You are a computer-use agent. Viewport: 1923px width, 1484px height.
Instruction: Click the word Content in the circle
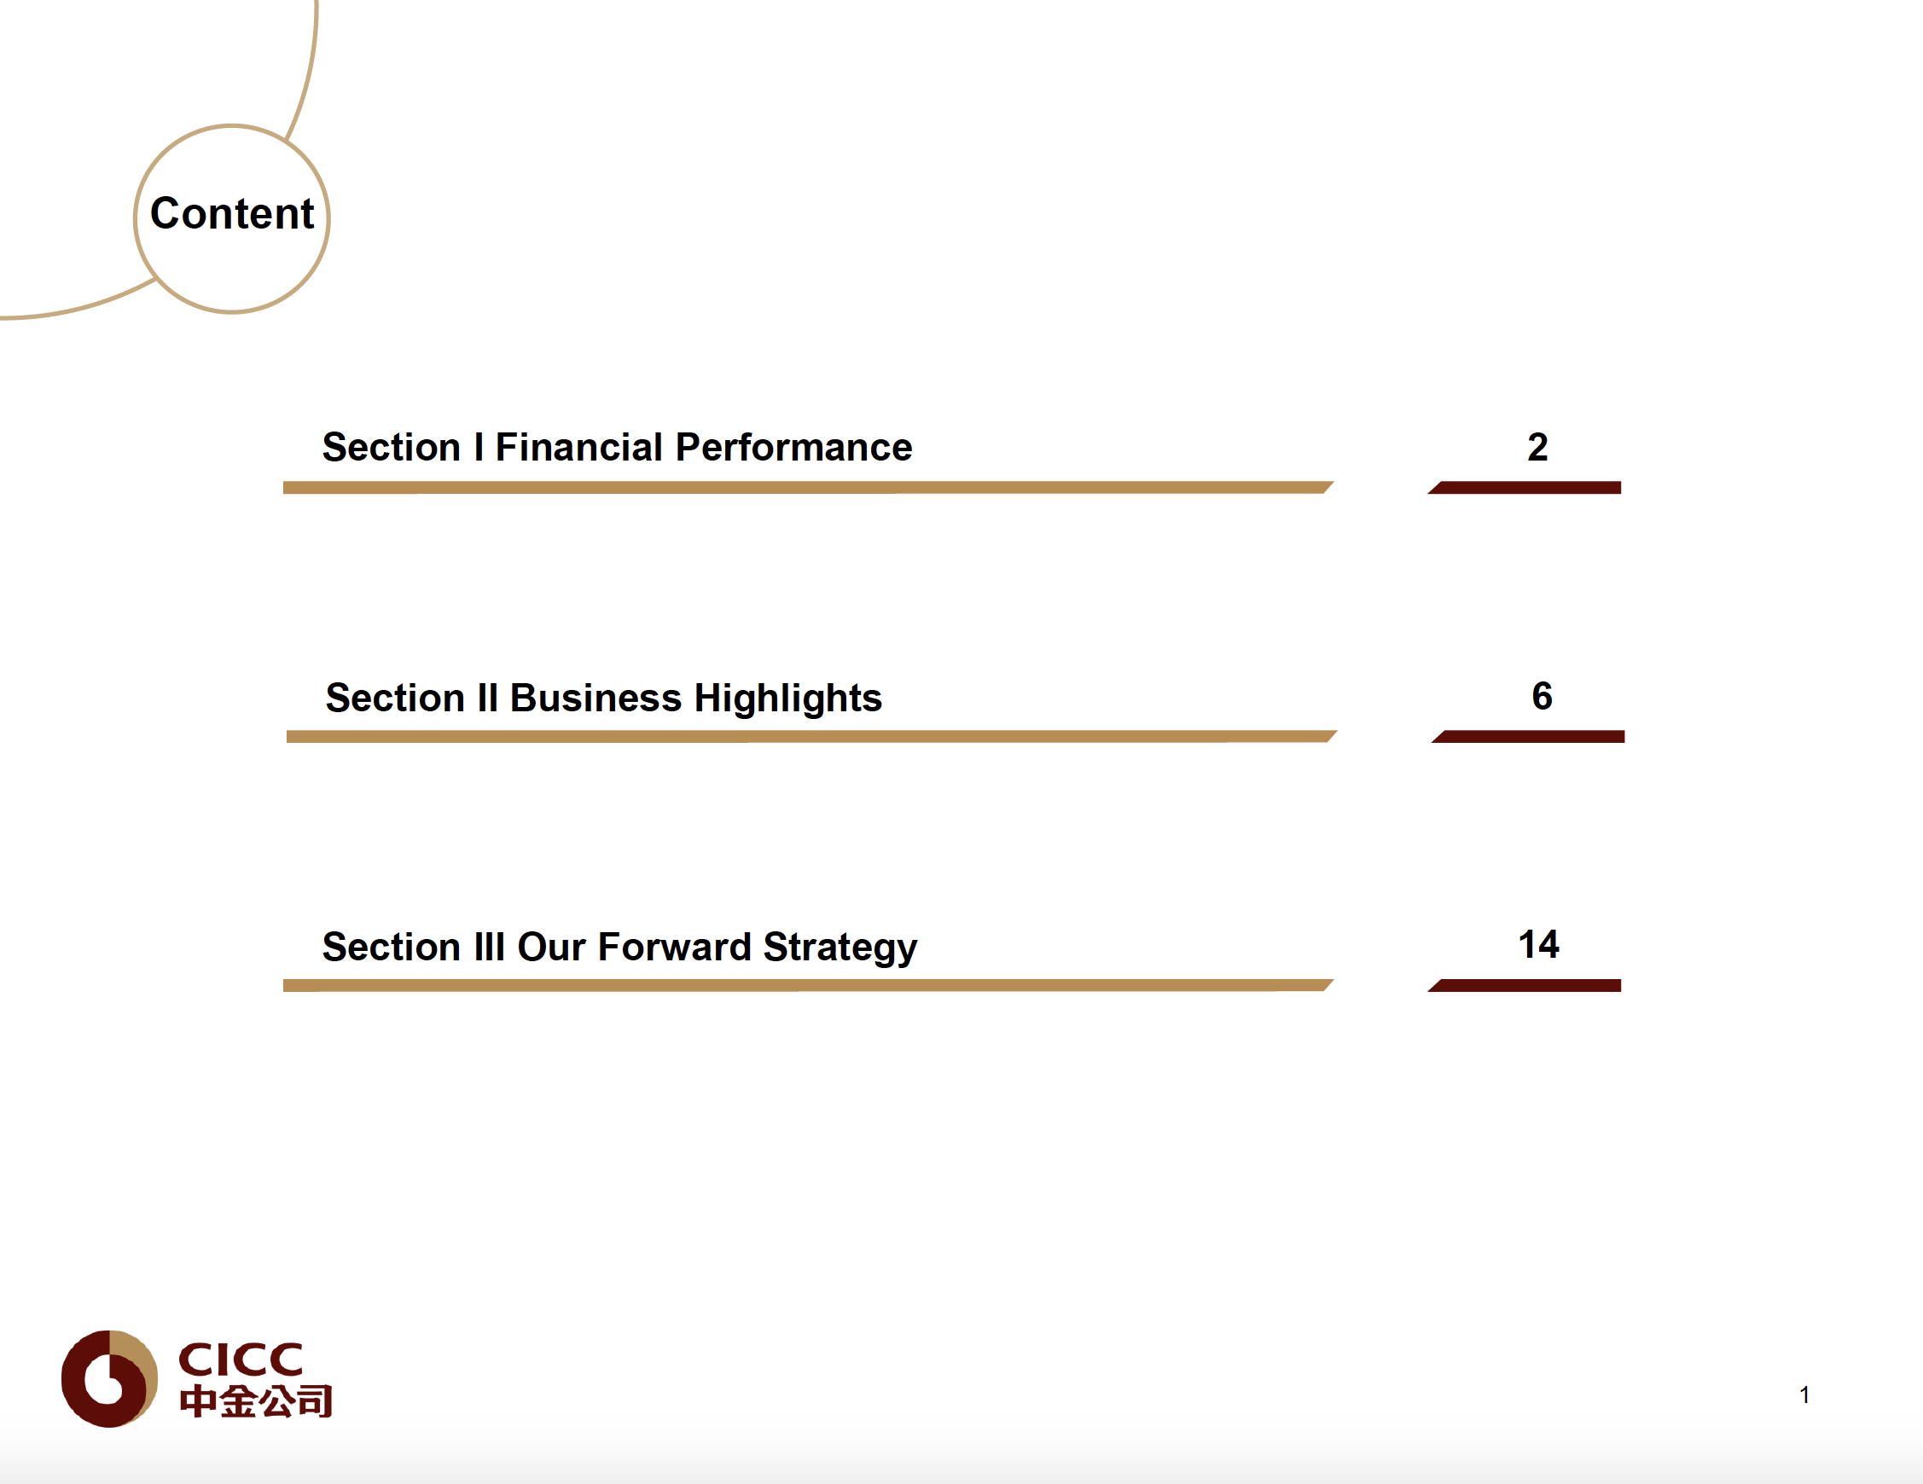[x=231, y=213]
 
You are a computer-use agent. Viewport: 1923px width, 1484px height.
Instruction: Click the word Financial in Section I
[x=578, y=447]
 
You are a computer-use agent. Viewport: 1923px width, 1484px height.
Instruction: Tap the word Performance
[x=793, y=447]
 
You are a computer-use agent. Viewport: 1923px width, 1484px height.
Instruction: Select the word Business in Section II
[x=595, y=697]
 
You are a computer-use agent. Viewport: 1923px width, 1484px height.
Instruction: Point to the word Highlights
[x=788, y=699]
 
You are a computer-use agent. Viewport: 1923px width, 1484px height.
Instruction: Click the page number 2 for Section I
[x=1537, y=447]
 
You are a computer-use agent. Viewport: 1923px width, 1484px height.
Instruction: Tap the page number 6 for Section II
[x=1542, y=696]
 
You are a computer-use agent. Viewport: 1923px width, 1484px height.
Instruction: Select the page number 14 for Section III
[x=1538, y=944]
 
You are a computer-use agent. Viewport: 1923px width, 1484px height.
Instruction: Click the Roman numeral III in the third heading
[x=489, y=947]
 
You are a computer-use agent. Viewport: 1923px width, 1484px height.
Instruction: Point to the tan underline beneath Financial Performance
[x=808, y=488]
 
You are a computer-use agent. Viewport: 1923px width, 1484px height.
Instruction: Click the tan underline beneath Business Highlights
[x=812, y=737]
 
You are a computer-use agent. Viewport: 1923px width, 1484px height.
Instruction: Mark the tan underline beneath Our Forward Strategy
[x=808, y=986]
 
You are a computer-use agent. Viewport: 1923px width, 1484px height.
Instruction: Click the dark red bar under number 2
[x=1524, y=488]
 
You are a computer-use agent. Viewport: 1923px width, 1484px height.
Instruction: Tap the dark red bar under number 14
[x=1524, y=986]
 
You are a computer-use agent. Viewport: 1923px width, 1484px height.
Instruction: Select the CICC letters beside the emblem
[x=241, y=1359]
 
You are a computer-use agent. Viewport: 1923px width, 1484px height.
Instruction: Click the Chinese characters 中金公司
[x=255, y=1401]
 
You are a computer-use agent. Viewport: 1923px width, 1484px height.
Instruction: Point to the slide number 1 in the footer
[x=1804, y=1394]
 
